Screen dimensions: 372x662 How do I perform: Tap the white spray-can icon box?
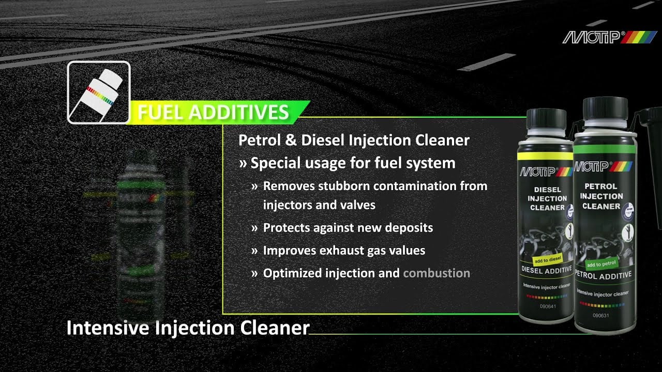coord(99,92)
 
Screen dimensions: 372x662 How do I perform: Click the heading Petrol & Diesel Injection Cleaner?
coord(354,140)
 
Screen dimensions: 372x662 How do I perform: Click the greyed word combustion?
coord(436,273)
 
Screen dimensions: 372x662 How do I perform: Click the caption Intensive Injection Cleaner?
coord(188,328)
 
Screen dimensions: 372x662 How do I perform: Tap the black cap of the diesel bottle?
coord(546,119)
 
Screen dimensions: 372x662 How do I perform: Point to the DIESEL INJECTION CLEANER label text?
coord(547,198)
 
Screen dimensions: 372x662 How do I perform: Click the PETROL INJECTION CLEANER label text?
coord(602,196)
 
